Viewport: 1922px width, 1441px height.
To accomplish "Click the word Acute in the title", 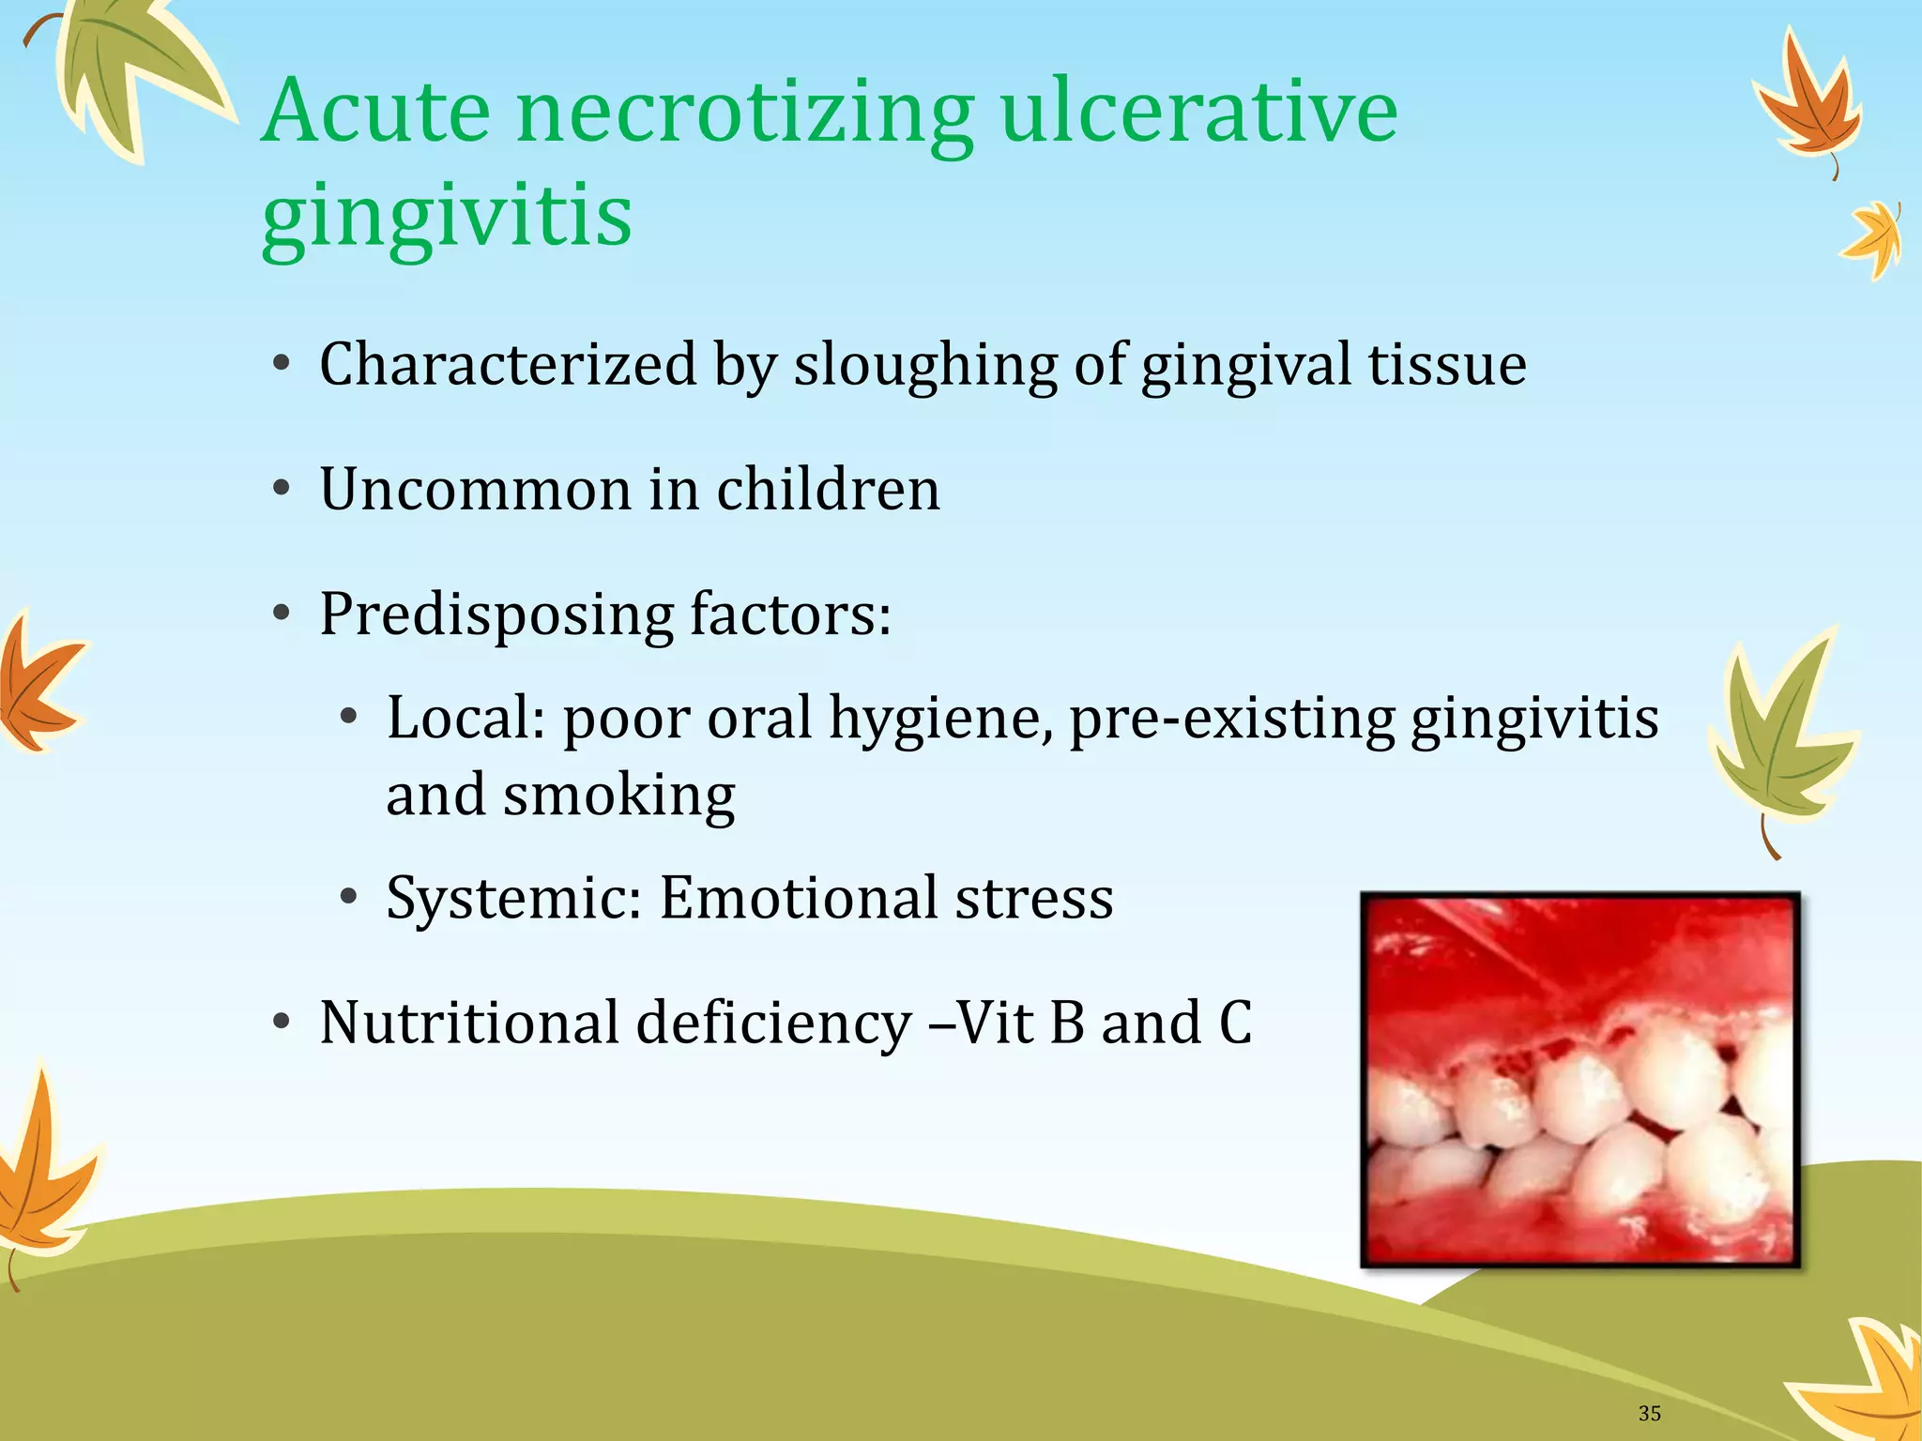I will pos(375,112).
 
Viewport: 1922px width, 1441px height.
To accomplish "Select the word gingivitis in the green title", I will pos(447,216).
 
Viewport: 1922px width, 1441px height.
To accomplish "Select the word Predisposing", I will pos(496,614).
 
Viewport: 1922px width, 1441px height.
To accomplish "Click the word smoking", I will pos(618,796).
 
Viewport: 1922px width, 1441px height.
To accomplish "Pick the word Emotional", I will pos(799,898).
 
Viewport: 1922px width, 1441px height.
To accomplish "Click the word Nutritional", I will pos(468,1022).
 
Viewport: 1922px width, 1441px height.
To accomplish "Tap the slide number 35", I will pos(1649,1413).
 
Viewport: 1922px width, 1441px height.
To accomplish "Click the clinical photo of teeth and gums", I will pos(1579,1079).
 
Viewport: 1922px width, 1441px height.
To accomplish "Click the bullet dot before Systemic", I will pos(349,898).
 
